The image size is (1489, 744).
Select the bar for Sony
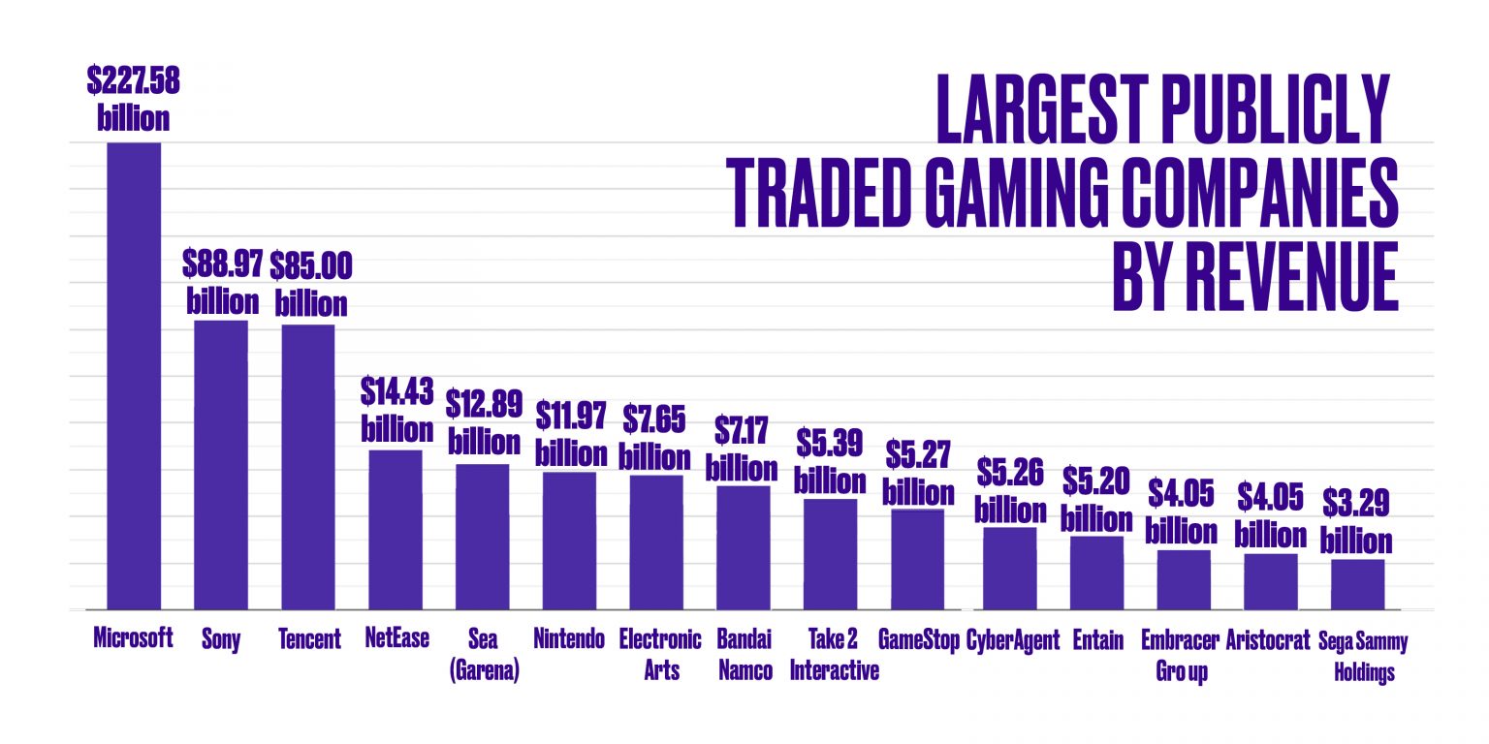tap(221, 465)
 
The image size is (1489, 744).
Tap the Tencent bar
tap(308, 467)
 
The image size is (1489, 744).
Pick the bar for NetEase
tap(395, 530)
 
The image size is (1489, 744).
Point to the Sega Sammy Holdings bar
tap(1357, 585)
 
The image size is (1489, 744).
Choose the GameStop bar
tap(917, 559)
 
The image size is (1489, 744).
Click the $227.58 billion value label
tap(133, 99)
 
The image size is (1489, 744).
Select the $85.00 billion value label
tap(310, 283)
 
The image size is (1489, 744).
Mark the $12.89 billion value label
tap(484, 421)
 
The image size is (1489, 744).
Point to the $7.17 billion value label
tap(742, 448)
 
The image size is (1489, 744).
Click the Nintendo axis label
tap(569, 639)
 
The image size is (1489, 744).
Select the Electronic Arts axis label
tap(659, 654)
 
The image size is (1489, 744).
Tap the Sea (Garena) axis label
tap(484, 654)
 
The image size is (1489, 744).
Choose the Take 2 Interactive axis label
tap(834, 654)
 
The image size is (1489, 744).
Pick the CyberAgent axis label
tap(1013, 639)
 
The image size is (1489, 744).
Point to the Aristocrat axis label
tap(1268, 639)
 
